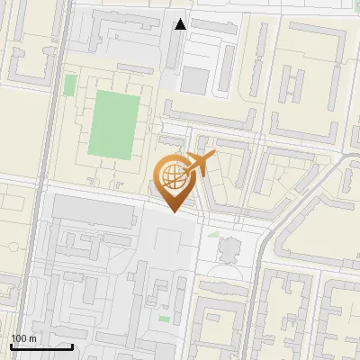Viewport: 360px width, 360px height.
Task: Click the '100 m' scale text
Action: (x=24, y=338)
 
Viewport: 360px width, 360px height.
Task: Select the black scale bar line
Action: (x=41, y=346)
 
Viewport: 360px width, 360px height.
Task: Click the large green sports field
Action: (x=112, y=122)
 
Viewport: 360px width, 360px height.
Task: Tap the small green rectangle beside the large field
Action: (x=70, y=85)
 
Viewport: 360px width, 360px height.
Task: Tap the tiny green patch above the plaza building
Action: (x=214, y=234)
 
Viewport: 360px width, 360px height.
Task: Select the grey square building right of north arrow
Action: (x=194, y=79)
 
